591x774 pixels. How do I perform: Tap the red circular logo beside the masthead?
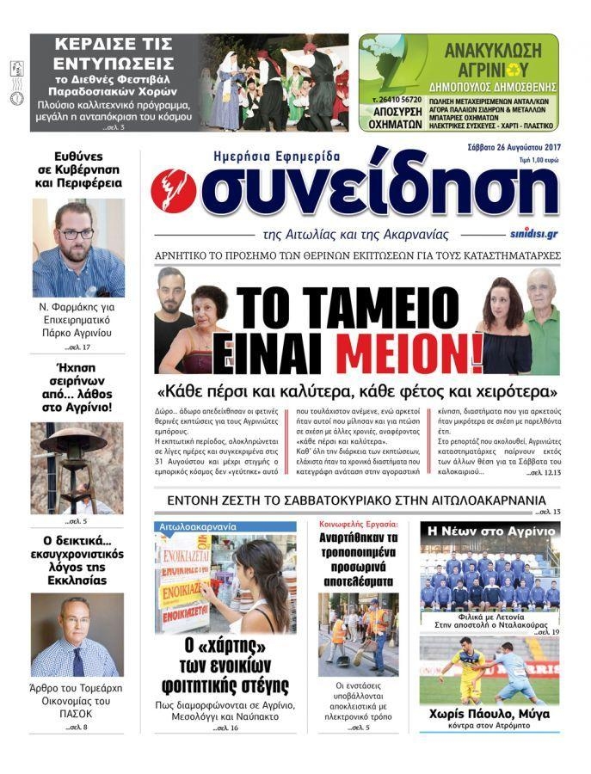point(174,192)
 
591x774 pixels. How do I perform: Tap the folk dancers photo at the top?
point(275,83)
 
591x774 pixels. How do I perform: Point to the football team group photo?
point(489,582)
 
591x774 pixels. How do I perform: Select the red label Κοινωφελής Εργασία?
point(358,523)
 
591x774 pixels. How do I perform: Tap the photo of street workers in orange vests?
point(358,634)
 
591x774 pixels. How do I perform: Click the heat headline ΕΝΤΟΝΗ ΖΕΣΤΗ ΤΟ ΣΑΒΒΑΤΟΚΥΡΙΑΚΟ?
point(356,500)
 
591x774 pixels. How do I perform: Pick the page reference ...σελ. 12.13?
point(542,472)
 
